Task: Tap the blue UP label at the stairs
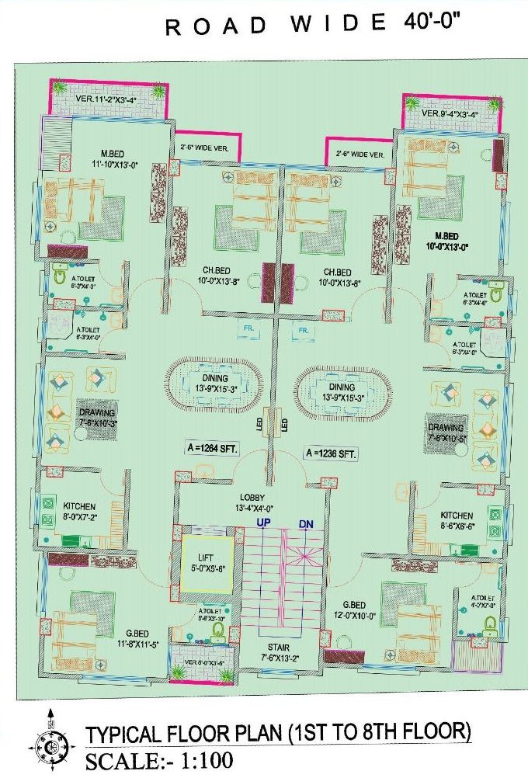(266, 524)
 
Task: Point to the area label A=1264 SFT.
(211, 449)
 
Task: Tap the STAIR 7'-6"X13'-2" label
(269, 651)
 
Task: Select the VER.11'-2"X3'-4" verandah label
(109, 99)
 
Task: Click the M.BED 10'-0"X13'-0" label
(445, 241)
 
